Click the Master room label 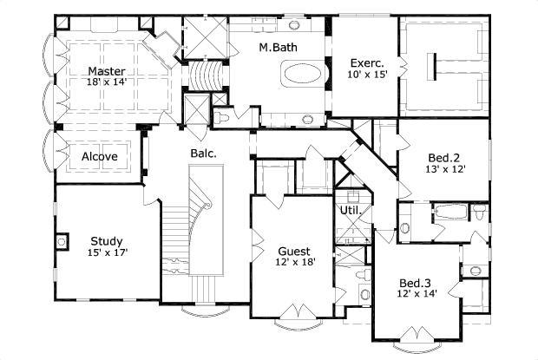click(x=105, y=71)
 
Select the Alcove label click(x=100, y=156)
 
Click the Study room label click(x=106, y=241)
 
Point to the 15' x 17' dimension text click(x=106, y=254)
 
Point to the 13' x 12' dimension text click(x=443, y=170)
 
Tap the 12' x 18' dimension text click(x=292, y=260)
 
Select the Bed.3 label click(x=414, y=283)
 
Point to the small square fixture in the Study click(x=63, y=240)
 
